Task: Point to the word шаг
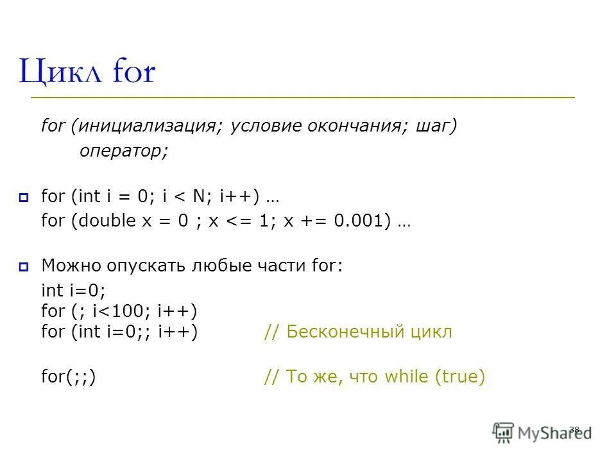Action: [434, 126]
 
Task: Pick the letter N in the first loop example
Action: [211, 196]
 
